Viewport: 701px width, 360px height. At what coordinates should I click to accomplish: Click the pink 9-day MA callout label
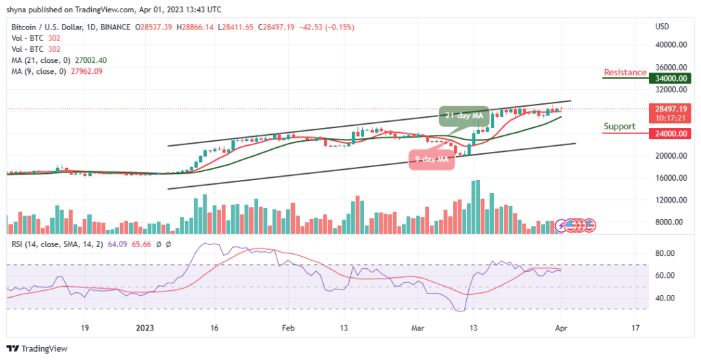point(431,160)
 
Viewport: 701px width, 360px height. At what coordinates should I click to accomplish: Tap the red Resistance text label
point(624,73)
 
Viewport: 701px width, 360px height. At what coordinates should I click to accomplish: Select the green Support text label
point(620,127)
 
